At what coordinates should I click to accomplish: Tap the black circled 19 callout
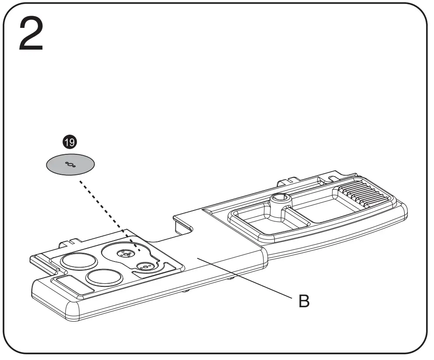[x=70, y=142]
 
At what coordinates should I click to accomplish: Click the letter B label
[x=304, y=302]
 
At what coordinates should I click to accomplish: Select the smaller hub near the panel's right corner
[x=144, y=266]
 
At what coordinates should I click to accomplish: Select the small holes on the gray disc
[x=70, y=164]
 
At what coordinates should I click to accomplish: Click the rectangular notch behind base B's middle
[x=183, y=222]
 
